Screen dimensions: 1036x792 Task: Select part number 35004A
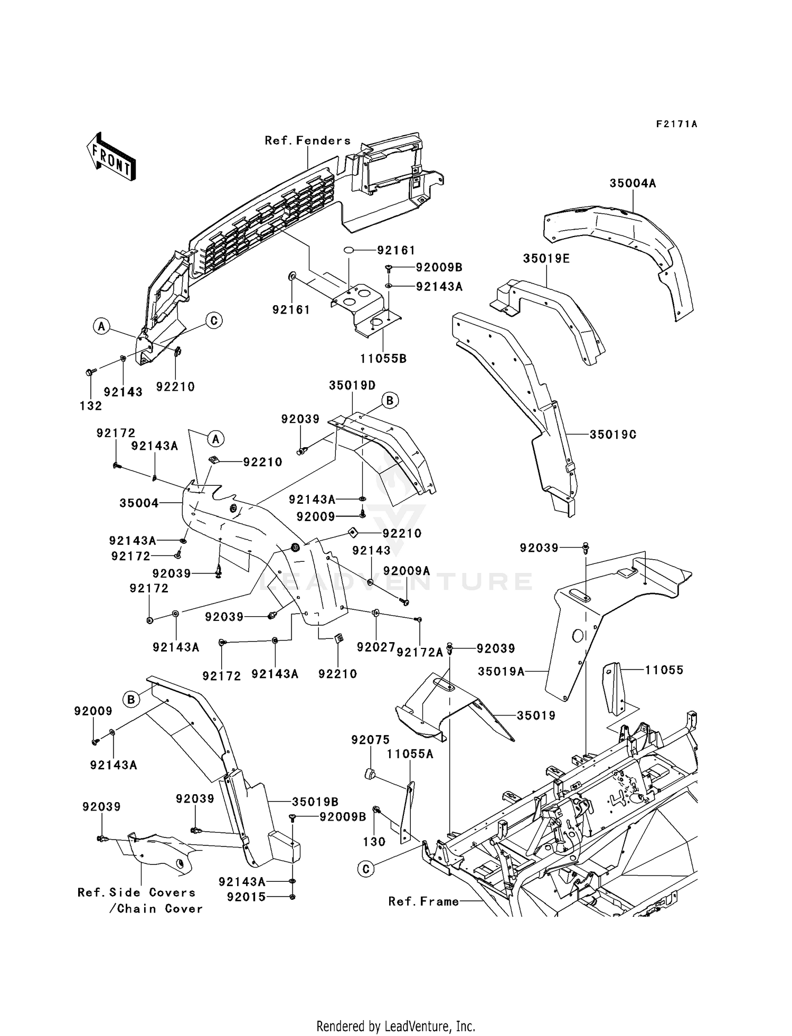point(633,183)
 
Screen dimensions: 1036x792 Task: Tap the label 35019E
point(546,259)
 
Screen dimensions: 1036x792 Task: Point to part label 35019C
point(613,434)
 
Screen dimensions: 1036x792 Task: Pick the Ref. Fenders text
point(307,140)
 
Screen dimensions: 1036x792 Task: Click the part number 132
point(91,406)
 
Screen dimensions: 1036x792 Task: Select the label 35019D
point(352,385)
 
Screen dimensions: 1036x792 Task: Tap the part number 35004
point(139,503)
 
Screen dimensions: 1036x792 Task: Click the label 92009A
point(407,571)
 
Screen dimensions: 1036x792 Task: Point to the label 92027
point(376,647)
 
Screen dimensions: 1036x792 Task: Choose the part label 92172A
point(420,653)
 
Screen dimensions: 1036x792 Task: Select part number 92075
point(370,740)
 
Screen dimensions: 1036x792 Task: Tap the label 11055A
point(410,754)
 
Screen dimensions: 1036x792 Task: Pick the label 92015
point(247,897)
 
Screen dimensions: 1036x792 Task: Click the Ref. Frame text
point(423,901)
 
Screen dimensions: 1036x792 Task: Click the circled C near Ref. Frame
point(366,869)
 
